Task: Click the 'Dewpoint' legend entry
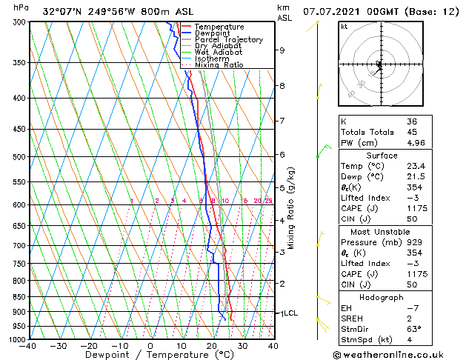[x=212, y=33]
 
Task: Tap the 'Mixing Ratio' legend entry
[x=217, y=65]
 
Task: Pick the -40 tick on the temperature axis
[x=28, y=346]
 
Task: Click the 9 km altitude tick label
[x=282, y=50]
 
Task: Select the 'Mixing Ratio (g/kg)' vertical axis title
[x=291, y=207]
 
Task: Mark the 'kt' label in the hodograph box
[x=344, y=26]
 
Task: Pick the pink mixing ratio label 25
[x=268, y=201]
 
